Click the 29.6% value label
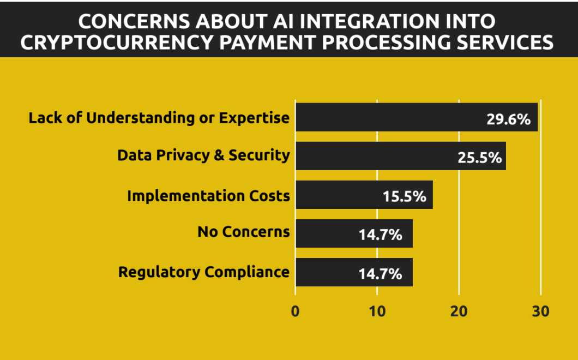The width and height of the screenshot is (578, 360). tap(508, 119)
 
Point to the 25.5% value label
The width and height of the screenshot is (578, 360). tap(479, 158)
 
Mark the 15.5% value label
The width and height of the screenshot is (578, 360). tap(404, 197)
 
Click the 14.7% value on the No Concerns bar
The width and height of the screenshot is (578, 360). tap(380, 236)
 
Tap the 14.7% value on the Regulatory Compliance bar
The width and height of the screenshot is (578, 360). tap(380, 274)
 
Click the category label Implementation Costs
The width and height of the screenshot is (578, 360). tap(208, 195)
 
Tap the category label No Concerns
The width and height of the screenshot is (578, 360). tap(243, 232)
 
